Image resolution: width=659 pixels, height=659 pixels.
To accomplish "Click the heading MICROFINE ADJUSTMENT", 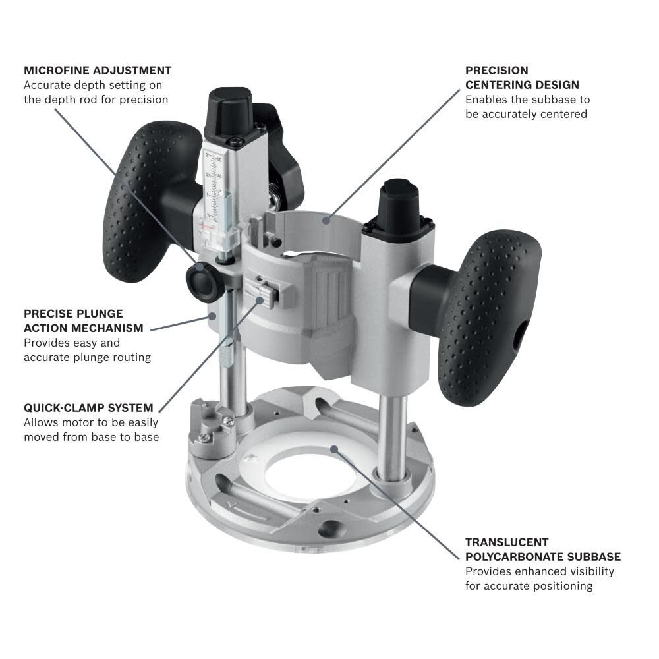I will (98, 70).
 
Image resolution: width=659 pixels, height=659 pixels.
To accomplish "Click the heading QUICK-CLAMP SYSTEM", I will (88, 408).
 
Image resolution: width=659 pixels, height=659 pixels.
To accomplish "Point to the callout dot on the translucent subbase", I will (335, 449).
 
